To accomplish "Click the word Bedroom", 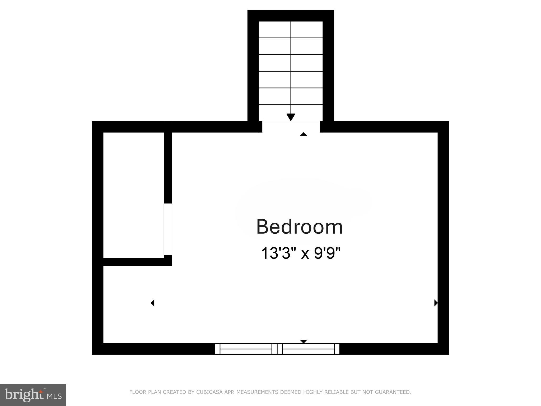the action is tap(300, 227).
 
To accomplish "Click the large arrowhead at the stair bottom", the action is tap(291, 117).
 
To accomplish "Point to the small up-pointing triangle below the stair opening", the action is tap(304, 134).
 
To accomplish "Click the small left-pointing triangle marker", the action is tap(152, 303).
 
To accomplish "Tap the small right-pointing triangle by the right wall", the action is tap(436, 303).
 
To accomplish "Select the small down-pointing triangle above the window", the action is tap(304, 342).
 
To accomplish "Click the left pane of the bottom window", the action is tap(246, 349).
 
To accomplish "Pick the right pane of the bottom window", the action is tap(309, 349).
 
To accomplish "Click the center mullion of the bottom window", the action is tap(277, 349).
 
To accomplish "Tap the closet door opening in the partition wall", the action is tap(168, 229).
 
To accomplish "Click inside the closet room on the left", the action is tap(133, 195).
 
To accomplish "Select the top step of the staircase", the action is tap(291, 30).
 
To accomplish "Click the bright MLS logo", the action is tap(33, 395).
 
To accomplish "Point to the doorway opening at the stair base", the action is tap(291, 127).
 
